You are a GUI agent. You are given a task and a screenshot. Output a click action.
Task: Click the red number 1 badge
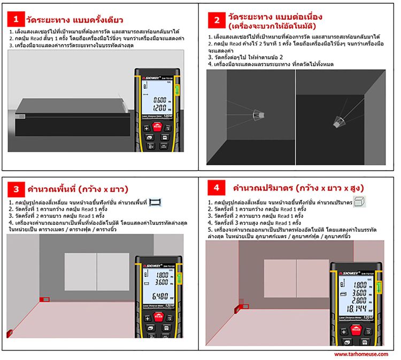pos(16,20)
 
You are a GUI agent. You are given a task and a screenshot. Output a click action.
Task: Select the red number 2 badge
pos(217,20)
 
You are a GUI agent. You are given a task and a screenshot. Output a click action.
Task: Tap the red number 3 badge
pos(16,189)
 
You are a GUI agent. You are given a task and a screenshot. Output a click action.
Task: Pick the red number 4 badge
pos(216,188)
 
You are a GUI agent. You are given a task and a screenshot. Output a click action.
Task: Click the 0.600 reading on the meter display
pos(159,99)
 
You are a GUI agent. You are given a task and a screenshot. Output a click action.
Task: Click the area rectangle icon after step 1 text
pos(156,202)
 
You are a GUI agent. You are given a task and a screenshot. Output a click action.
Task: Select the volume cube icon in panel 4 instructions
pos(360,201)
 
